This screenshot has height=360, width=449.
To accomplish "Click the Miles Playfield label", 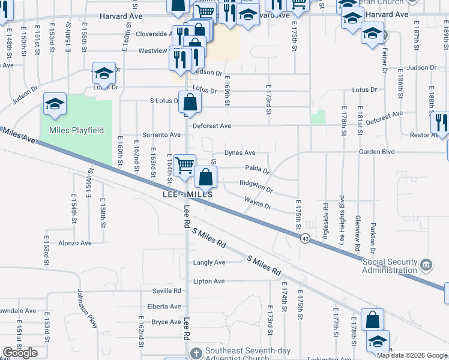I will [x=76, y=130].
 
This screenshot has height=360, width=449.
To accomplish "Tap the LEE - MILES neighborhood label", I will [x=187, y=195].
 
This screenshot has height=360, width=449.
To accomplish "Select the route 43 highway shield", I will [x=306, y=239].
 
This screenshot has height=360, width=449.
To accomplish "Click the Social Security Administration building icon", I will [x=426, y=265].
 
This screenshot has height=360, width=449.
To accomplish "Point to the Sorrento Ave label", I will [x=161, y=135].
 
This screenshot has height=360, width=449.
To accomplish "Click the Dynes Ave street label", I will [x=240, y=153].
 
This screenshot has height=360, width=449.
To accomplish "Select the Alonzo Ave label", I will [x=74, y=243].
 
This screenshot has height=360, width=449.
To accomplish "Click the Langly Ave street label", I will [x=209, y=262].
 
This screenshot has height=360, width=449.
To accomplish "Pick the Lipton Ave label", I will [x=209, y=281].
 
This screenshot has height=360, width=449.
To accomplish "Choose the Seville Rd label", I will [x=166, y=291].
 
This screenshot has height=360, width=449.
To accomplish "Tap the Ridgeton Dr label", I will [x=256, y=187].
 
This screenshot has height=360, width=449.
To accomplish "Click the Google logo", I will [x=20, y=353].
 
